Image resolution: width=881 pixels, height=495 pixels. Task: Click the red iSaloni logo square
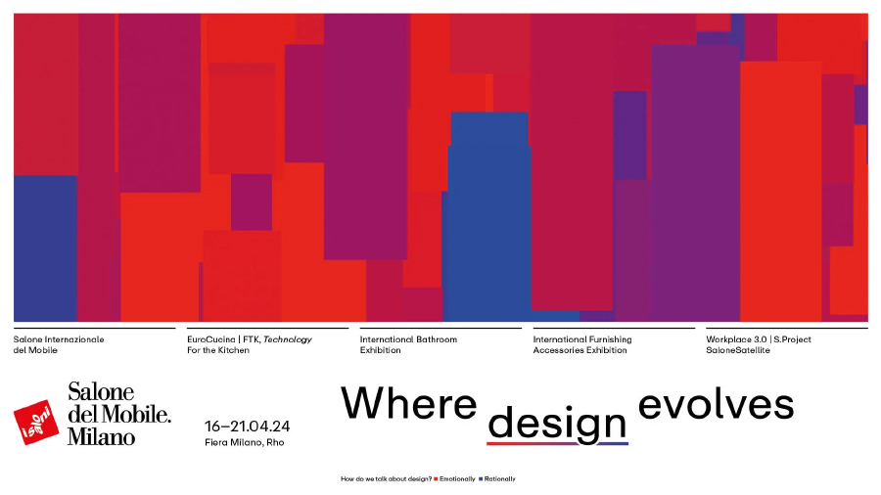[36, 422]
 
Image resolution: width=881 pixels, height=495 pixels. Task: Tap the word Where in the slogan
[408, 403]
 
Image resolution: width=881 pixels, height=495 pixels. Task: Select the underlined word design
[557, 423]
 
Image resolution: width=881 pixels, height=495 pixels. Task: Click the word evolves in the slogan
[716, 403]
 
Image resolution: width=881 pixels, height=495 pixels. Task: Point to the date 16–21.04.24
[248, 427]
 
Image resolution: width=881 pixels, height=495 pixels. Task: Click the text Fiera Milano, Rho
[245, 442]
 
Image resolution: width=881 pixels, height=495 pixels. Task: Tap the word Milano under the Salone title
[101, 436]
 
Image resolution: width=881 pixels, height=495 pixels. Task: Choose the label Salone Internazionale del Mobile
[59, 344]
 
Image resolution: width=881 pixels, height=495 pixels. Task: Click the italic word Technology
[287, 339]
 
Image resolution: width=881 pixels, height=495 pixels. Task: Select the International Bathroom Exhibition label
[408, 344]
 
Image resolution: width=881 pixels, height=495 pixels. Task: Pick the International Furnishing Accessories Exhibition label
[582, 344]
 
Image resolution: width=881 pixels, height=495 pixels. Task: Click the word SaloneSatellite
[738, 350]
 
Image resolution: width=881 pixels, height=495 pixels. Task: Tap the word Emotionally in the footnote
[457, 478]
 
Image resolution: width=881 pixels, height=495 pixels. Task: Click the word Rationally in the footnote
[499, 478]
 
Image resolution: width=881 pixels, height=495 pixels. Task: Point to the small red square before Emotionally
[436, 478]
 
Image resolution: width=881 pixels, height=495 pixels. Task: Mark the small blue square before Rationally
[481, 478]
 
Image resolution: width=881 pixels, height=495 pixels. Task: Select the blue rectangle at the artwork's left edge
[45, 248]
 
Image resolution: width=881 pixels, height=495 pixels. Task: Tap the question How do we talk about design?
[386, 478]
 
